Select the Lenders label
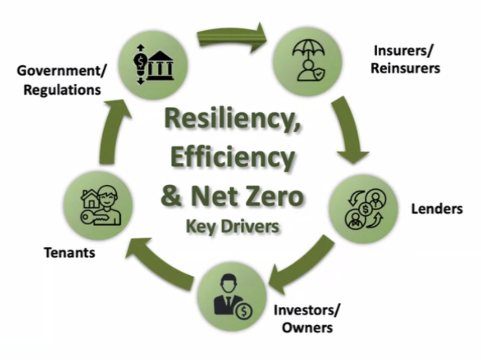pyautogui.click(x=437, y=209)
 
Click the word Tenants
pyautogui.click(x=69, y=252)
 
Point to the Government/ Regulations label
pyautogui.click(x=62, y=81)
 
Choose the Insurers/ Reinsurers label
pyautogui.click(x=405, y=59)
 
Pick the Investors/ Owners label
pyautogui.click(x=306, y=319)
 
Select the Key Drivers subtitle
pyautogui.click(x=232, y=226)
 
